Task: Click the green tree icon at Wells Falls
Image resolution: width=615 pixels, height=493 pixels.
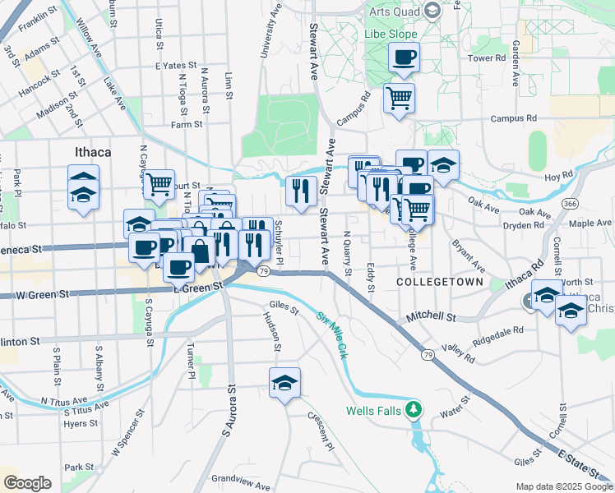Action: click(x=416, y=408)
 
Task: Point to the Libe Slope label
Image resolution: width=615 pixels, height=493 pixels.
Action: click(x=393, y=35)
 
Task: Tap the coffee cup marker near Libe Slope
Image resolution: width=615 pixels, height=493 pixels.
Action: click(x=404, y=58)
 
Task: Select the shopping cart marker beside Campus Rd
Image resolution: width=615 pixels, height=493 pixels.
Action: click(x=399, y=99)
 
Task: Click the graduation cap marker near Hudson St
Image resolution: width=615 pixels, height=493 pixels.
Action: click(x=284, y=383)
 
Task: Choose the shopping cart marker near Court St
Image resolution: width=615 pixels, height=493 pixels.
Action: click(x=160, y=184)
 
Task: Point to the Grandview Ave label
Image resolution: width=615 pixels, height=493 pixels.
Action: click(x=240, y=481)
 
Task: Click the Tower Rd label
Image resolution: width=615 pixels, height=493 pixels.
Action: click(x=488, y=58)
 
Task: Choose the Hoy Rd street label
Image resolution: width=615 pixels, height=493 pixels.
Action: click(x=557, y=176)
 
